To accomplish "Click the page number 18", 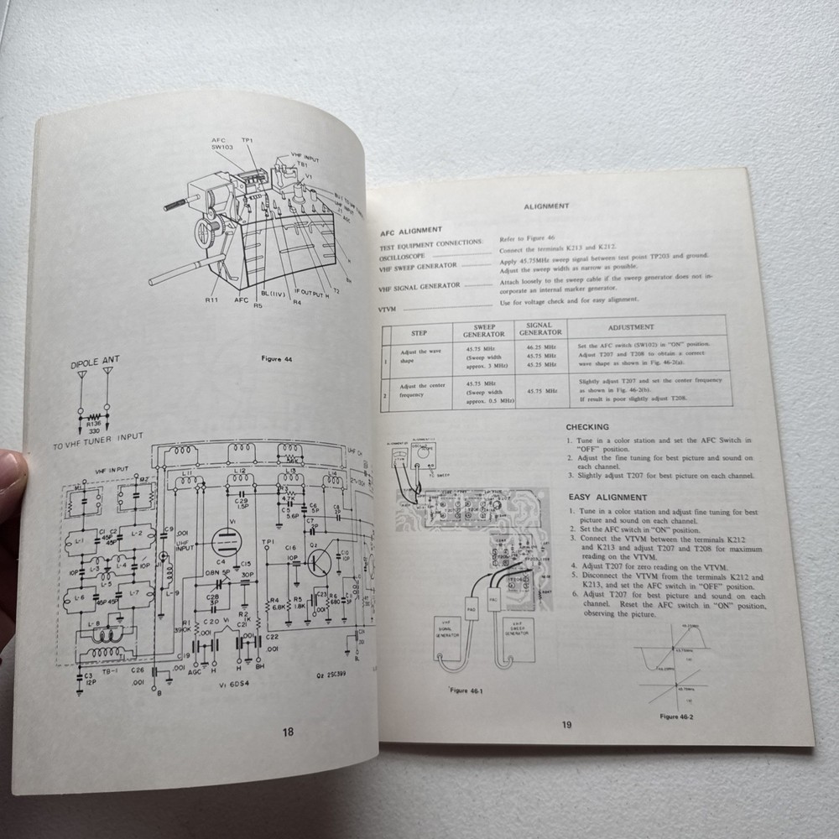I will pyautogui.click(x=288, y=732).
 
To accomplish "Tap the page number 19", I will pyautogui.click(x=566, y=725).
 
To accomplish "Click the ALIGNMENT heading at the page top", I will pyautogui.click(x=546, y=206).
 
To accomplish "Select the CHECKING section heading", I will pyautogui.click(x=587, y=427).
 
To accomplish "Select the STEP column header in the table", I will pyautogui.click(x=419, y=331).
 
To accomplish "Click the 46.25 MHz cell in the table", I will pyautogui.click(x=539, y=346).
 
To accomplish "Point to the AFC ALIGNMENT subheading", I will pyautogui.click(x=411, y=229).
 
